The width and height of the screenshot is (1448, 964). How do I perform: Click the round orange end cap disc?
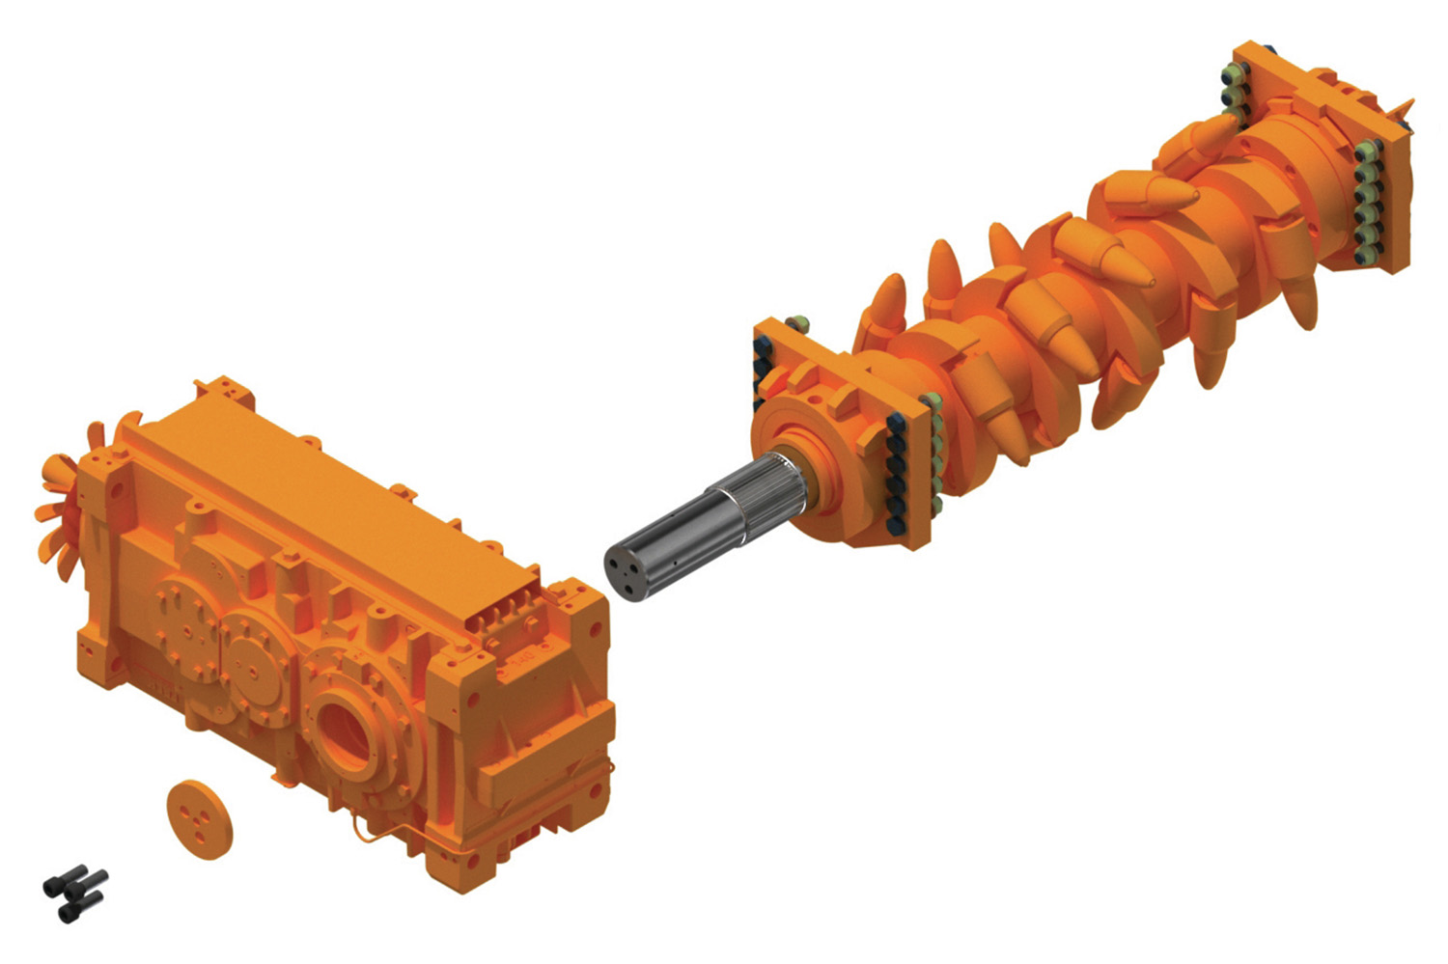[200, 818]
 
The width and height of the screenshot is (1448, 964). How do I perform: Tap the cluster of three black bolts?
[75, 892]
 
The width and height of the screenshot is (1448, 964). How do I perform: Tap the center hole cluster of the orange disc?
[200, 818]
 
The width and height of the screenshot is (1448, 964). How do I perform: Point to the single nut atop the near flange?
[797, 323]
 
